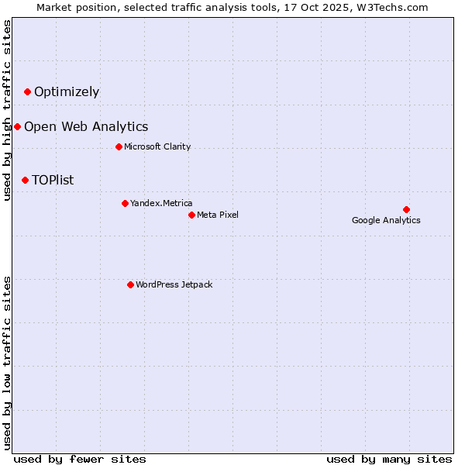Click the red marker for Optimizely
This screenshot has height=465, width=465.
click(x=27, y=92)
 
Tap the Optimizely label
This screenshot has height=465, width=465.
click(x=67, y=92)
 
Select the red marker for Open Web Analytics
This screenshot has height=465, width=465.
click(x=17, y=126)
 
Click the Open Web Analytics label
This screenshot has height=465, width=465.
click(x=86, y=127)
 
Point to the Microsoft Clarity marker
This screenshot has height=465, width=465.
click(x=119, y=146)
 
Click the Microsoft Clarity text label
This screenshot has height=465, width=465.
click(x=157, y=146)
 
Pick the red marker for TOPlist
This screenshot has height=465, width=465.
click(x=25, y=180)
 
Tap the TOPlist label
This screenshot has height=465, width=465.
click(x=53, y=181)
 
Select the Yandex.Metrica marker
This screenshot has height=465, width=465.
click(x=125, y=203)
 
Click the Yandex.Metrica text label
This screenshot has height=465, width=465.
click(x=161, y=203)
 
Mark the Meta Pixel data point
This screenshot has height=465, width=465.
click(x=191, y=215)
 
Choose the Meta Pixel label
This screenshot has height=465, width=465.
click(x=218, y=215)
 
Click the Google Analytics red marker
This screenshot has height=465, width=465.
click(x=406, y=209)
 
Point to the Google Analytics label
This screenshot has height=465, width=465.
click(x=386, y=220)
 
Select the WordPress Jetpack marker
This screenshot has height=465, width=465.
click(x=130, y=284)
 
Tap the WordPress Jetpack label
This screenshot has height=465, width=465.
click(x=174, y=284)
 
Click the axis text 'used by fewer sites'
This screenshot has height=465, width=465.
click(x=80, y=459)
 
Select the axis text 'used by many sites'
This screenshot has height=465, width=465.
click(x=389, y=459)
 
